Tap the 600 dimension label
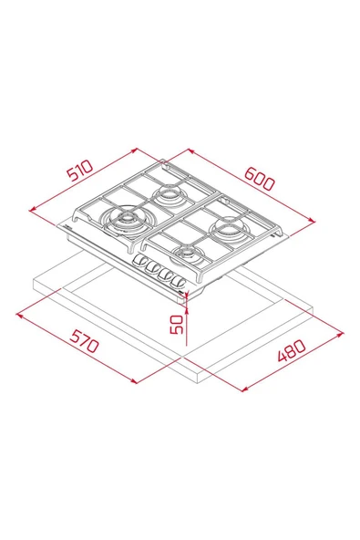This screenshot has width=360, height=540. pos(260,178)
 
